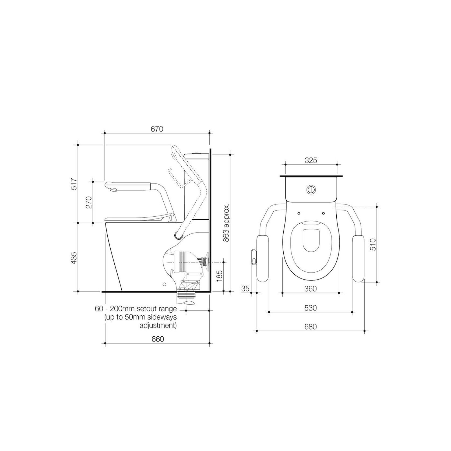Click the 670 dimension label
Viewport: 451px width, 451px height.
coord(157,129)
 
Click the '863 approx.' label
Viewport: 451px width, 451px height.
coord(226,222)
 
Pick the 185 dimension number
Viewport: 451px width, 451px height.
coord(219,276)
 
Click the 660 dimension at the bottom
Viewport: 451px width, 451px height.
coord(157,339)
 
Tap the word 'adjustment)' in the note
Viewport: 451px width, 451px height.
coord(158,326)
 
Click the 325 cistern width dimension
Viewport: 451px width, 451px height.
coord(311,160)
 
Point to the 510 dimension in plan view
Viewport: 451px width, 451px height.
coord(373,244)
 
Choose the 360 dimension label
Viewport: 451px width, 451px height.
coord(310,289)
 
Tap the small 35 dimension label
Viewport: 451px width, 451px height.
coord(245,289)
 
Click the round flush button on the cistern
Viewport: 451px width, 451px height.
coord(311,189)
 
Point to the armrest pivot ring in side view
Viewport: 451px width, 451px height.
coord(178,235)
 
